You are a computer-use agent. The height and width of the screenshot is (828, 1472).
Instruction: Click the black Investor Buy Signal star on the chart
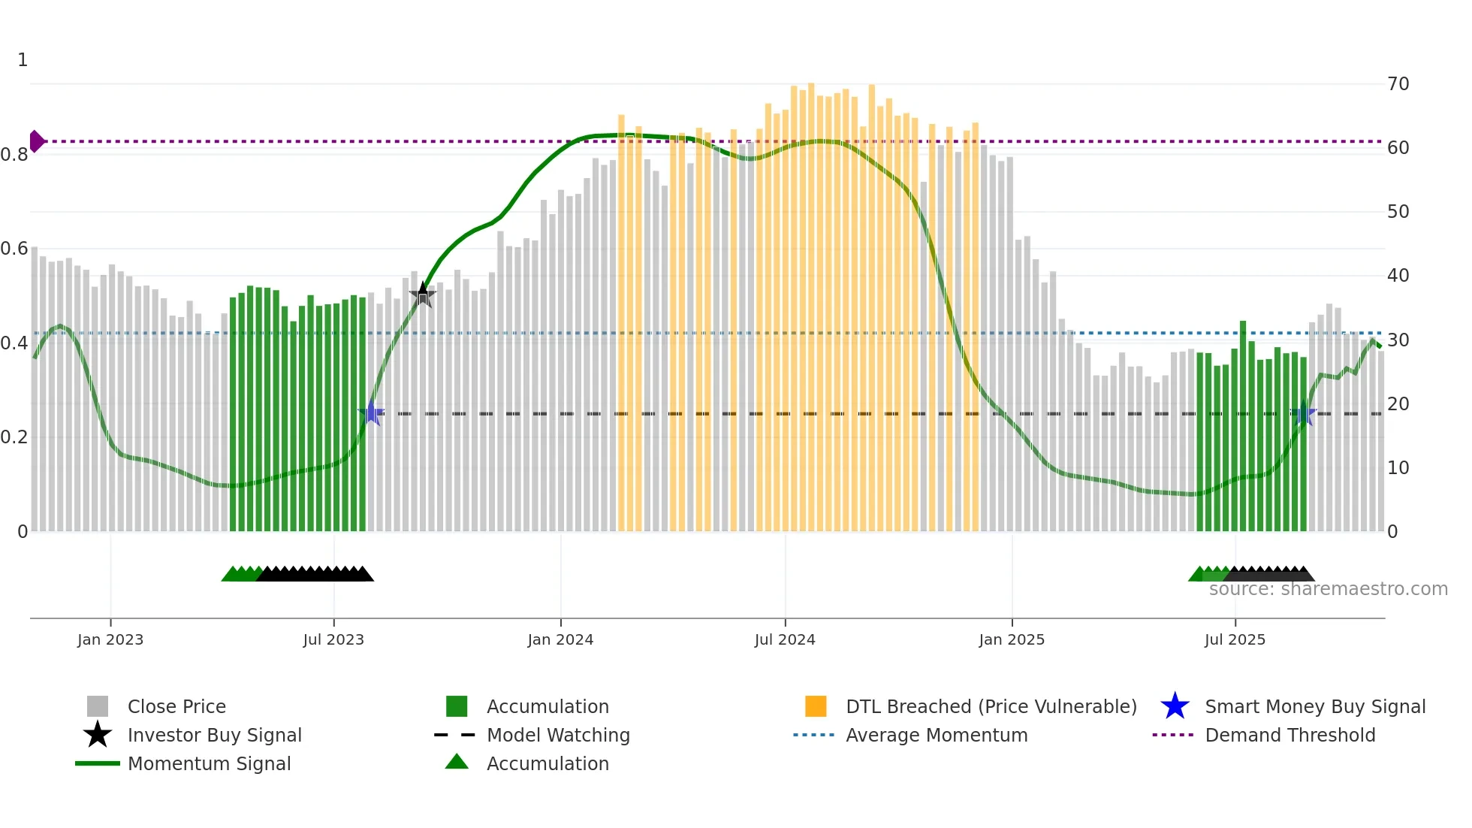coord(423,295)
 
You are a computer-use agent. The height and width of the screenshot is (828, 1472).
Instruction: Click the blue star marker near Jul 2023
coord(371,413)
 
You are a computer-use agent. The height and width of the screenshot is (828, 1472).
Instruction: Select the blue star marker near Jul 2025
coord(1304,414)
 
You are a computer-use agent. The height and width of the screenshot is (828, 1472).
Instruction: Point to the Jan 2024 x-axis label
coord(560,639)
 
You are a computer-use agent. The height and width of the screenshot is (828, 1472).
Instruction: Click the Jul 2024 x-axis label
coord(785,639)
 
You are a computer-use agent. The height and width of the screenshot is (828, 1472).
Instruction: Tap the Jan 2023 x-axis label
coord(110,639)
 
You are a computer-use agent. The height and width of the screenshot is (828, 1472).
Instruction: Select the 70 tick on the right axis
coord(1398,84)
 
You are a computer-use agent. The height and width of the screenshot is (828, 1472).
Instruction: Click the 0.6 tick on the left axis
coord(14,249)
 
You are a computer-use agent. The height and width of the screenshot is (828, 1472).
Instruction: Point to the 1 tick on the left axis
coord(23,60)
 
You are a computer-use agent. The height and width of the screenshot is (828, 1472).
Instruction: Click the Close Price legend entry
coord(176,706)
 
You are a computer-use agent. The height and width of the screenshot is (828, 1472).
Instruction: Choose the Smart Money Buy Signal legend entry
coord(1314,706)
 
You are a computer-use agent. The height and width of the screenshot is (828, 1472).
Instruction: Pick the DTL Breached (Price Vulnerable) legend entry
coord(991,706)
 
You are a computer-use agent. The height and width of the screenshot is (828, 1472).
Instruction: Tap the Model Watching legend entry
coord(557,735)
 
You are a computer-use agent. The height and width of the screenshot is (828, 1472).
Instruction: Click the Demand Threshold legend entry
coord(1290,735)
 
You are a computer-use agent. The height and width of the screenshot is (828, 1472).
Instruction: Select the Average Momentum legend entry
coord(936,735)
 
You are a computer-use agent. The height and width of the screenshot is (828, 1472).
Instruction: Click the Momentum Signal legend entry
coord(209,763)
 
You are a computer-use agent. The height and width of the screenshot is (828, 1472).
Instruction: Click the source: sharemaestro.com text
coord(1328,589)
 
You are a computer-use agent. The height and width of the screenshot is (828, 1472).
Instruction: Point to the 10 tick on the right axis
coord(1398,468)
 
